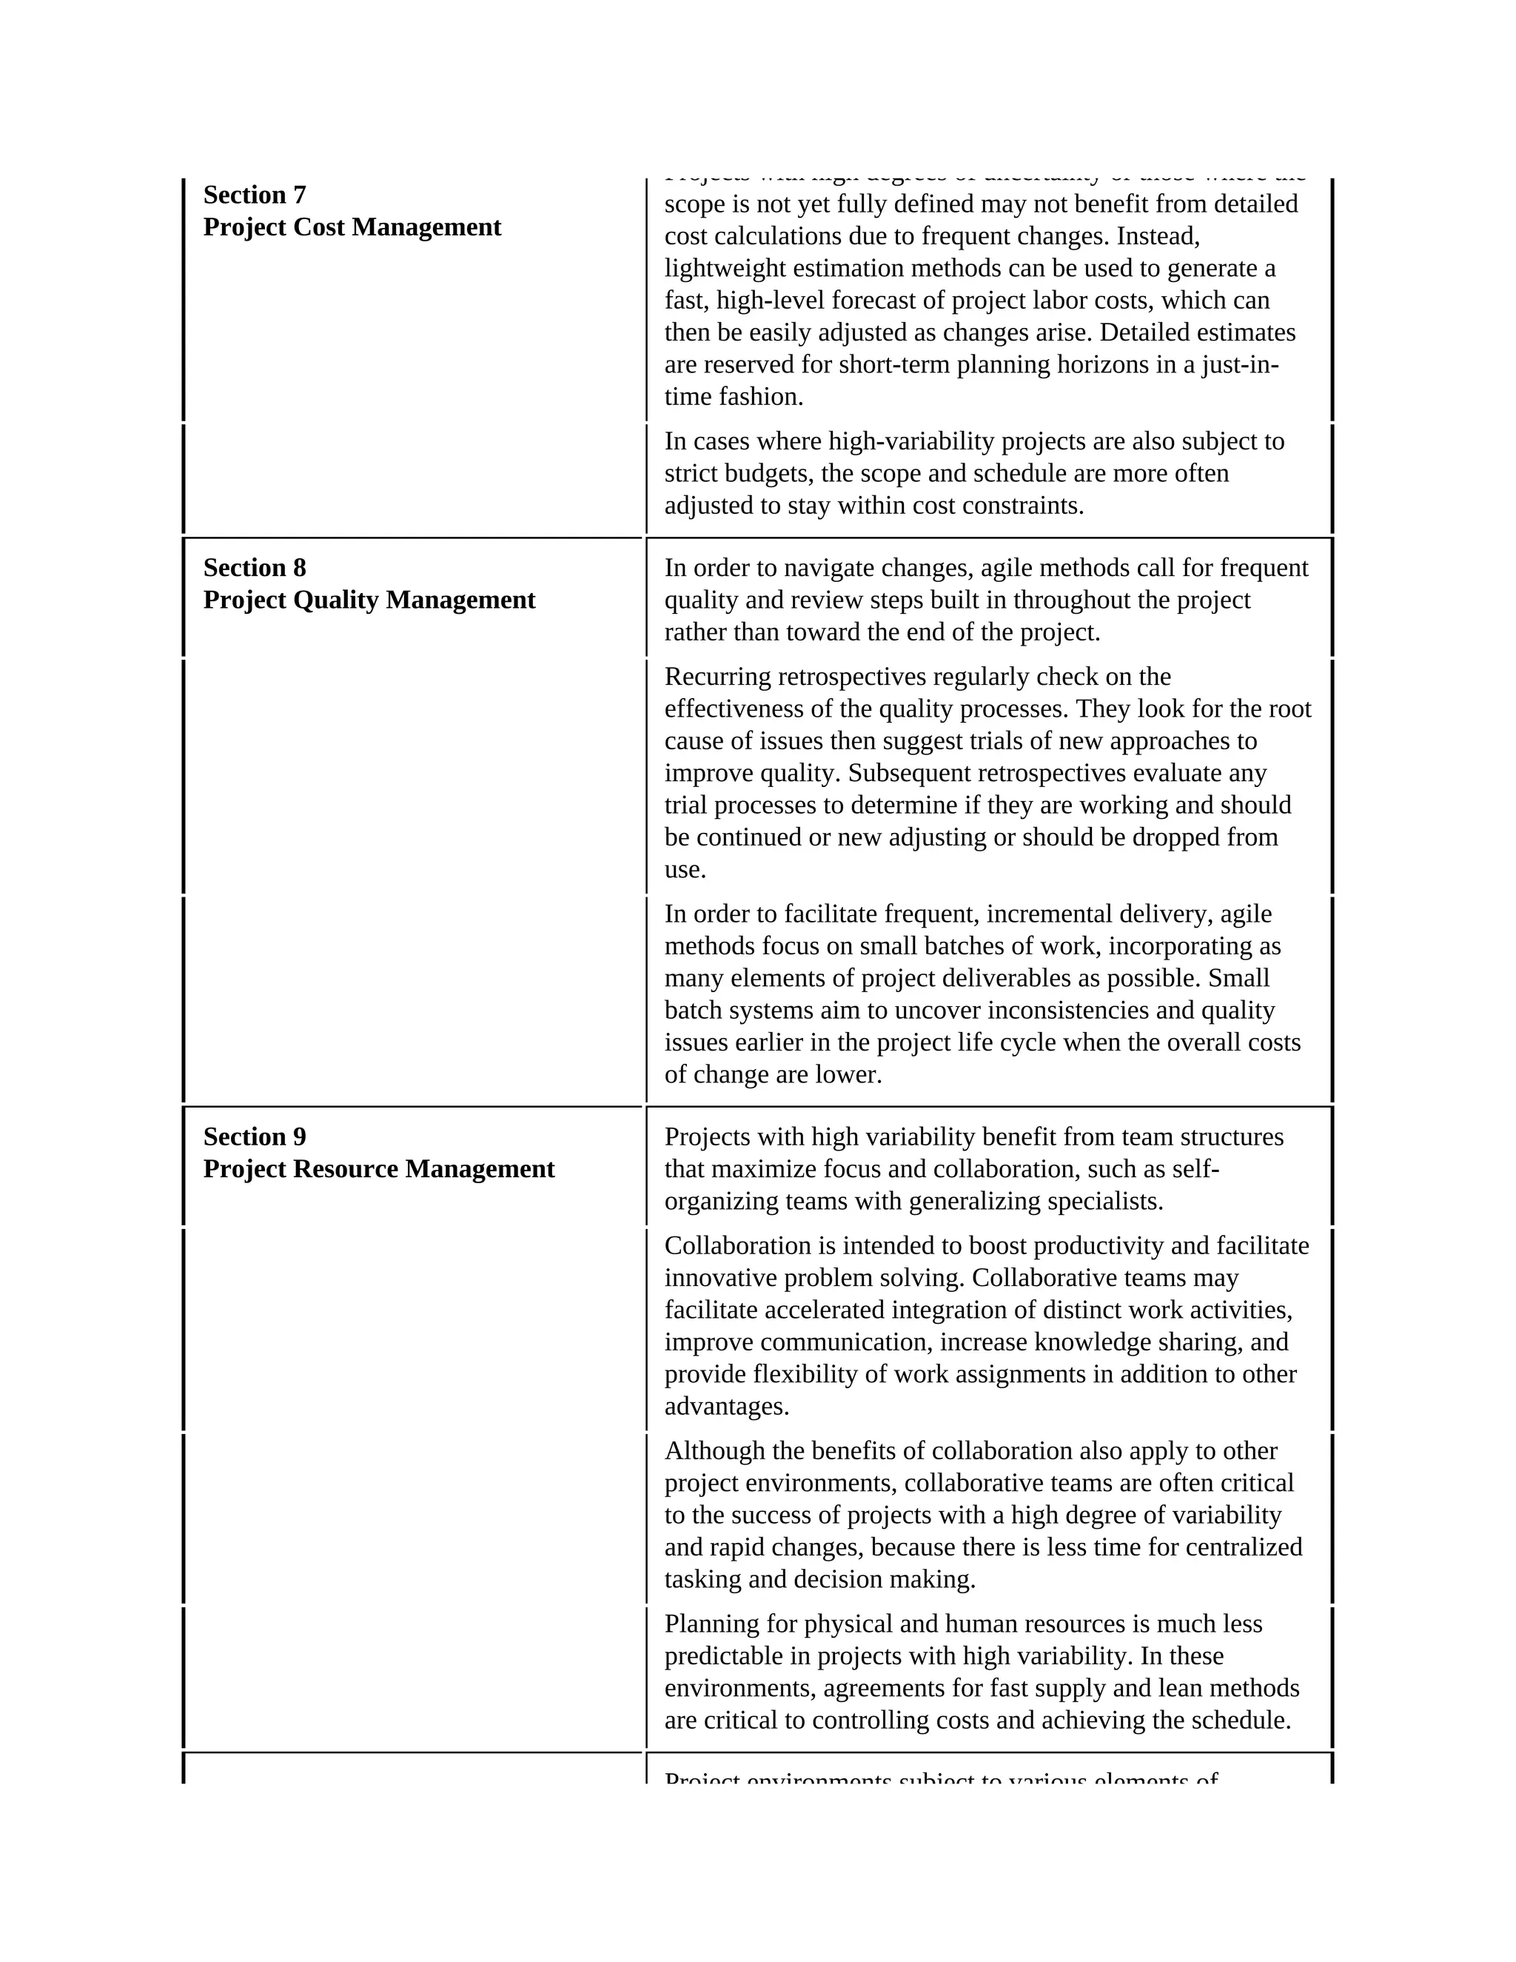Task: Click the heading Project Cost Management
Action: pyautogui.click(x=352, y=227)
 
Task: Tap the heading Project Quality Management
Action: pyautogui.click(x=369, y=600)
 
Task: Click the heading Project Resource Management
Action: pyautogui.click(x=379, y=1169)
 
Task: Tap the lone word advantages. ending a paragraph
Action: pyautogui.click(x=727, y=1406)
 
